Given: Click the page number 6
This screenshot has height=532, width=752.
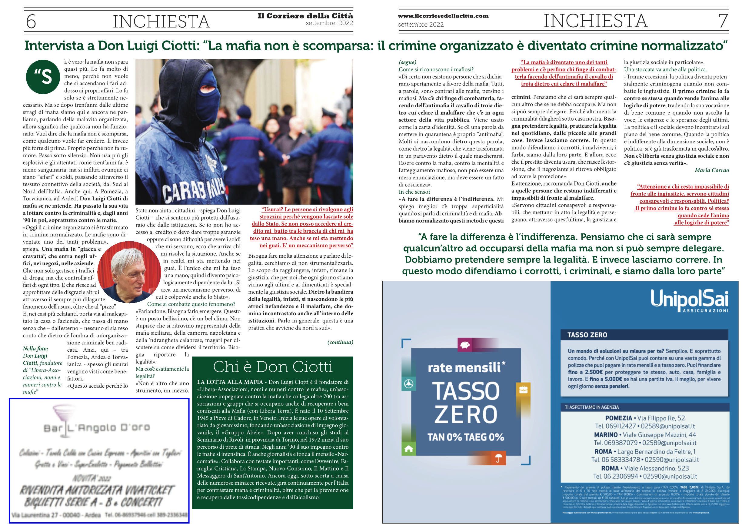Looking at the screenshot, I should [31, 21].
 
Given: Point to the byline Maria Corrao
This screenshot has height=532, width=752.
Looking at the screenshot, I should [711, 170].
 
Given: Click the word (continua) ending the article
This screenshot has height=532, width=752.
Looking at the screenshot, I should [340, 343].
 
